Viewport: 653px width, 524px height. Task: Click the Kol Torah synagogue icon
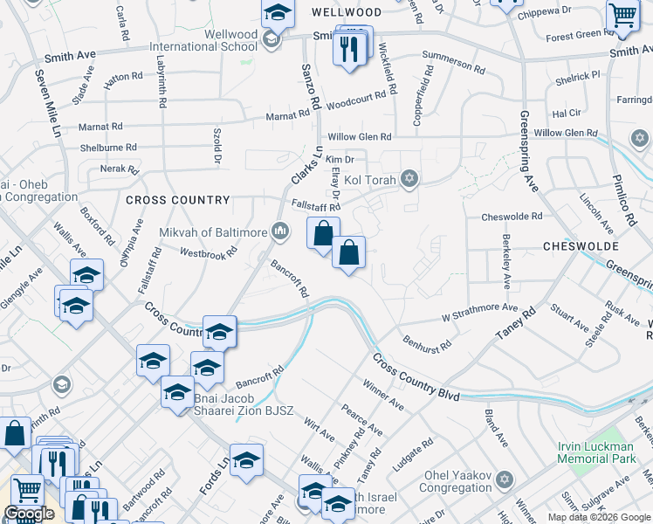[409, 181]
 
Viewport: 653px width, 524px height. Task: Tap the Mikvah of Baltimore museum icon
[280, 232]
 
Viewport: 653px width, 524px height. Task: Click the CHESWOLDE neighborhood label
[581, 246]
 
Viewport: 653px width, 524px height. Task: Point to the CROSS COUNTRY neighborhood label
[177, 200]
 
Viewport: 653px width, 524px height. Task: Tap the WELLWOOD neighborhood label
[346, 12]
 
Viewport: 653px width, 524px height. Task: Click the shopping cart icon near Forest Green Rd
[622, 16]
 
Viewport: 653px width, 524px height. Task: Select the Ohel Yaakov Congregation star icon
[503, 480]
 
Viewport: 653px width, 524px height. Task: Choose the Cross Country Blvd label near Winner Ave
[416, 377]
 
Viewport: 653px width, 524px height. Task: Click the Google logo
[29, 514]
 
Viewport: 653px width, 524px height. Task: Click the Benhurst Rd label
[426, 341]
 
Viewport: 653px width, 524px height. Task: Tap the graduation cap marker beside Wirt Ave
[246, 461]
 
